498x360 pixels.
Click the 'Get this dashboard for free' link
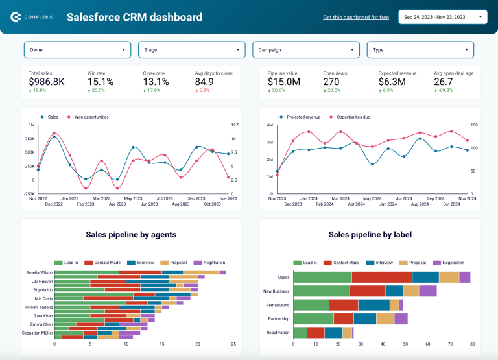356,18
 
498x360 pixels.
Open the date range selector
442,18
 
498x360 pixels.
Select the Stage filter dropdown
191,50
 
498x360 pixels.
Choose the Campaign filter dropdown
307,50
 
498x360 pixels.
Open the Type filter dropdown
420,50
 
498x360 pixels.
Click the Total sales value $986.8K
47,82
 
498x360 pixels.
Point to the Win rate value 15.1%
101,82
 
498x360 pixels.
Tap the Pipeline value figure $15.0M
284,82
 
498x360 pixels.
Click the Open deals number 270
331,82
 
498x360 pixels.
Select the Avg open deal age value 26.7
444,82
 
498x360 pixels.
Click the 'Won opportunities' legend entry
86,117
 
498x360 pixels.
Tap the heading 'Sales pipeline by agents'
130,234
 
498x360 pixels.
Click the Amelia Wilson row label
39,272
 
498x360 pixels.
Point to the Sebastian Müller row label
38,333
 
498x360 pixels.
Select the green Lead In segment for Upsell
322,277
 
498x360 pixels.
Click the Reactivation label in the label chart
278,332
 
